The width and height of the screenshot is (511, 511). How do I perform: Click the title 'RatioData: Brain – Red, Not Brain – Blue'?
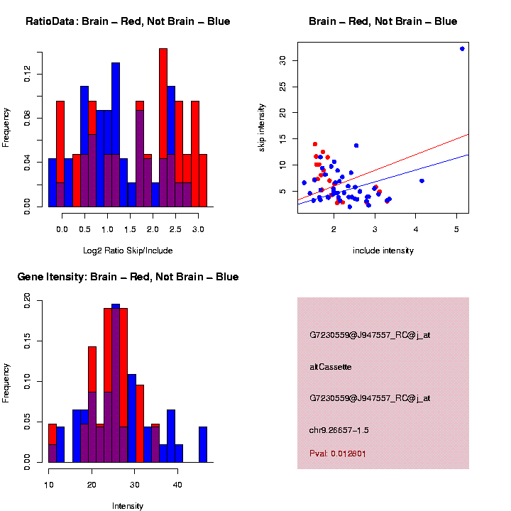(x=128, y=21)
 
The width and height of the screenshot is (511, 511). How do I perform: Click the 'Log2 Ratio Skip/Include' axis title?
(x=127, y=251)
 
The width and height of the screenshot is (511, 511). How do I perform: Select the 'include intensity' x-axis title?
(x=383, y=251)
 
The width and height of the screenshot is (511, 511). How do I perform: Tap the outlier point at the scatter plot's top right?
(x=462, y=49)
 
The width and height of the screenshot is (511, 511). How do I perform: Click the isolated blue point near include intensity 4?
(x=422, y=181)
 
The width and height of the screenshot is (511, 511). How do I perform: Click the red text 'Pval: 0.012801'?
(x=338, y=453)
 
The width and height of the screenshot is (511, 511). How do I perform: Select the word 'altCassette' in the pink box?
(x=331, y=367)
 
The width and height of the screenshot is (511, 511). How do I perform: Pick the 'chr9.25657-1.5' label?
(x=339, y=430)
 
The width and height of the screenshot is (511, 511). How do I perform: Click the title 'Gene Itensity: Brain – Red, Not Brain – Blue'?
(x=128, y=277)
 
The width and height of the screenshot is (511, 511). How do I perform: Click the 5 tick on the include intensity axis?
(x=456, y=229)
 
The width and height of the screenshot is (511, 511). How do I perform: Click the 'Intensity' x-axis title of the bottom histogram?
(x=128, y=506)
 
